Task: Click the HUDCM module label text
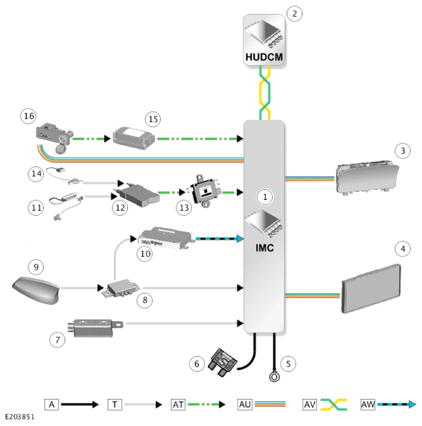pos(264,57)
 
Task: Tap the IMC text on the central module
pos(264,248)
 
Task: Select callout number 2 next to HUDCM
pos(294,14)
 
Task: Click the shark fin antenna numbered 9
pos(36,290)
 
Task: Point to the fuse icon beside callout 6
pos(223,363)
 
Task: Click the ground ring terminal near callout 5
pos(275,377)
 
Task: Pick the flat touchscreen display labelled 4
pos(371,289)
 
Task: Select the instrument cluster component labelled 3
pos(367,177)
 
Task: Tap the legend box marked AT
pos(178,405)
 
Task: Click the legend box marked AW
pos(368,405)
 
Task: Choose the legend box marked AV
pos(310,405)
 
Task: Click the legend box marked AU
pos(245,405)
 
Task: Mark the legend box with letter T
pos(115,405)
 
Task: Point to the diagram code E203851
pos(20,417)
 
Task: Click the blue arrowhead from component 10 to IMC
pos(240,239)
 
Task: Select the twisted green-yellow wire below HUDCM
pos(265,93)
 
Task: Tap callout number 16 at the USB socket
pos(28,116)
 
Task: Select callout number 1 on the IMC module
pos(265,197)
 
